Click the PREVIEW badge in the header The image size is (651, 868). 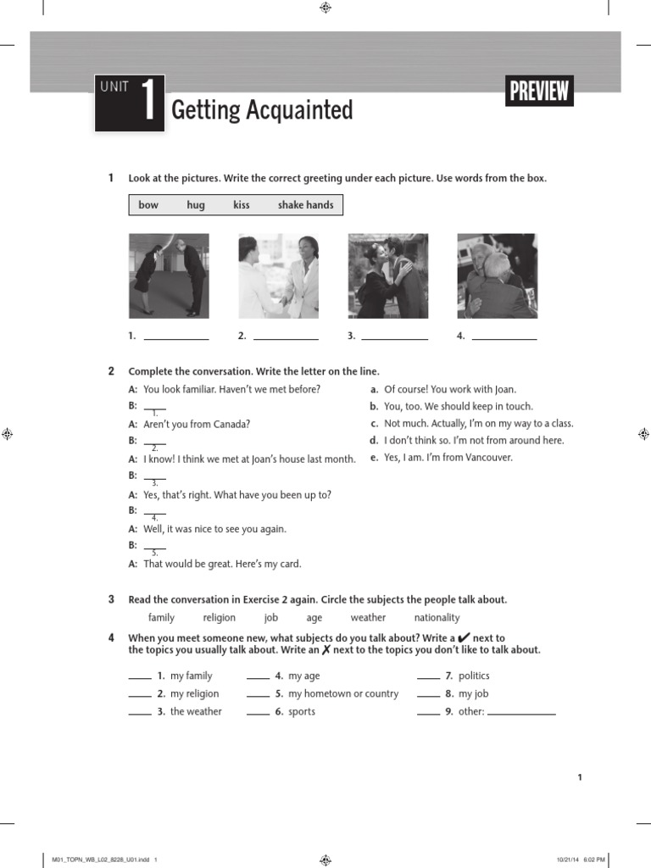click(x=539, y=92)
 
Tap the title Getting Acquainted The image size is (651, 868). click(x=262, y=110)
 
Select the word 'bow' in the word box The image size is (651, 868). click(x=148, y=205)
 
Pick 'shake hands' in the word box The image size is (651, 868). click(x=305, y=205)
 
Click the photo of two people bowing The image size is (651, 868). click(x=169, y=275)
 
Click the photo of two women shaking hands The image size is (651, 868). click(x=278, y=275)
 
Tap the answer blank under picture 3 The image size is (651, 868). click(x=394, y=337)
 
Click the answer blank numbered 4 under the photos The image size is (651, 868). click(x=504, y=337)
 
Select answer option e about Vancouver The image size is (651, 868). click(x=448, y=458)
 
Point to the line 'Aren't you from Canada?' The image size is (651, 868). click(x=197, y=424)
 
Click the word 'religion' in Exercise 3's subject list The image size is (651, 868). click(x=220, y=618)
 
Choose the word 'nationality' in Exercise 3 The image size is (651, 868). click(x=437, y=618)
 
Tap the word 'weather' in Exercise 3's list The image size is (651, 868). click(x=368, y=618)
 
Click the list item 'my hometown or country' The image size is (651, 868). click(x=342, y=693)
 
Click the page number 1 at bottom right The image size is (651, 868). click(x=580, y=777)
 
